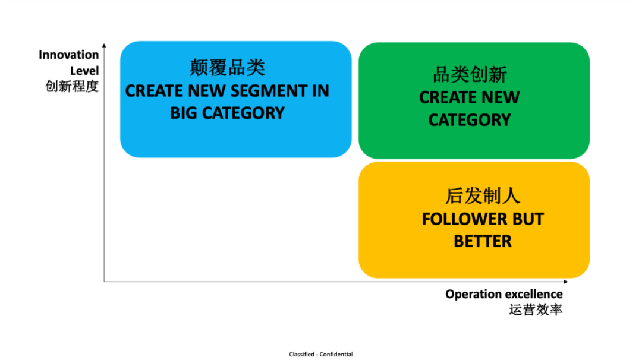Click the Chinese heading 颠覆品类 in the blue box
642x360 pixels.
tap(227, 68)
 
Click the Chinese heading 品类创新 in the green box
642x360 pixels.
tap(470, 75)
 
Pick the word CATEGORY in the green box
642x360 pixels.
tap(470, 120)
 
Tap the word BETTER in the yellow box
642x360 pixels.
tap(483, 241)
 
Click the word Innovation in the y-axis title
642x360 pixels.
tap(69, 55)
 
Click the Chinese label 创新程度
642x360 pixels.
tap(72, 86)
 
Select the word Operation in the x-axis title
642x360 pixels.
tap(473, 295)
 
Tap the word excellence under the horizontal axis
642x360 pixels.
tap(533, 295)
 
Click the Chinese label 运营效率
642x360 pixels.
tap(536, 310)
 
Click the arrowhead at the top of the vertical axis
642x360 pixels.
tap(104, 45)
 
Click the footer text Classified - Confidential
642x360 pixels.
tap(321, 355)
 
